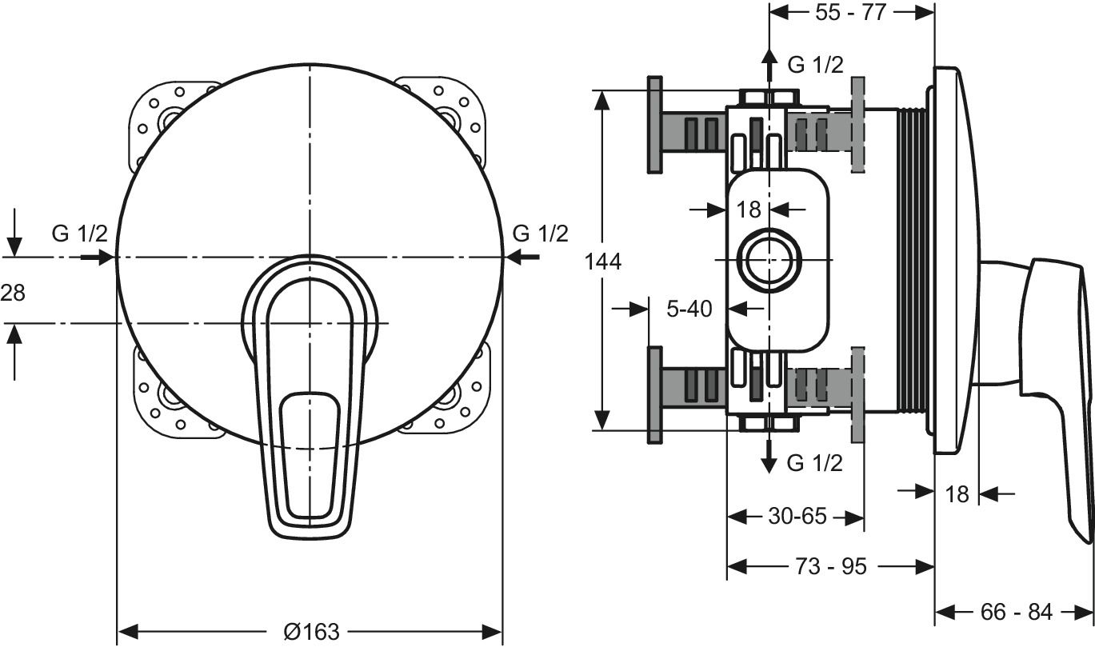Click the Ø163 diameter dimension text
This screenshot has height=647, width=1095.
point(311,631)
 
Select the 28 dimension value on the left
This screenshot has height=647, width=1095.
point(13,293)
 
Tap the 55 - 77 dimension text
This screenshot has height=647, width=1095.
point(852,13)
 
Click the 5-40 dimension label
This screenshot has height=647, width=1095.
point(689,308)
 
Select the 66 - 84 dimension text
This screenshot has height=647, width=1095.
point(1016,612)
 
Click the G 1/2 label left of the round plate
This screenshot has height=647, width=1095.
point(80,234)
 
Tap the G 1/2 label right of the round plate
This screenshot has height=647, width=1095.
point(541,234)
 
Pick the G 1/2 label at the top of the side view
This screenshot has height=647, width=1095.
point(815,65)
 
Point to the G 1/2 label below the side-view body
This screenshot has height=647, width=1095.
point(815,462)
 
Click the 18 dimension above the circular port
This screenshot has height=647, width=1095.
point(748,210)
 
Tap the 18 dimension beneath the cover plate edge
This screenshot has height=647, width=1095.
point(957,493)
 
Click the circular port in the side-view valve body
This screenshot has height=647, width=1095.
point(769,262)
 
